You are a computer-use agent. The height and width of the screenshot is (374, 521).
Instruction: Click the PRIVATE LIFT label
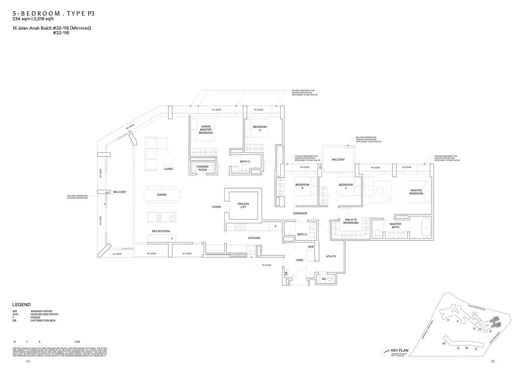click(243, 206)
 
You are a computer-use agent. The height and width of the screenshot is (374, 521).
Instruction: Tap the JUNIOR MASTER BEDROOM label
click(206, 130)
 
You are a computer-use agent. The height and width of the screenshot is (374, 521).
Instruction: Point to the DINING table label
click(162, 195)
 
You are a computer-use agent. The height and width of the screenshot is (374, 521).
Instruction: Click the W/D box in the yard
click(311, 247)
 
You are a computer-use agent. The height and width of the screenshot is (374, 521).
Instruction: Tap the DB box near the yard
click(286, 274)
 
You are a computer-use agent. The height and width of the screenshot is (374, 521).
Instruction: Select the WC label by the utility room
click(324, 279)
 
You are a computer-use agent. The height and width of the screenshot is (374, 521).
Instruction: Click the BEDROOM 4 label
click(260, 128)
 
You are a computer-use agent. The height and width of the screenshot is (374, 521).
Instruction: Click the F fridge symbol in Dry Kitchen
click(172, 239)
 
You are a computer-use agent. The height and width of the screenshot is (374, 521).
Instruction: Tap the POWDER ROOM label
click(203, 168)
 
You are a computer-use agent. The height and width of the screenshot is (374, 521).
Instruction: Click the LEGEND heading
click(21, 305)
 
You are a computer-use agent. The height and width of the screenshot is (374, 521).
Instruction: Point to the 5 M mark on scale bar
click(77, 342)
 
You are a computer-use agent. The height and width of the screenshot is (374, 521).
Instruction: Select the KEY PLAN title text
click(400, 351)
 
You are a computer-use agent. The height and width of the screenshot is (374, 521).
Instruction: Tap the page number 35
click(492, 361)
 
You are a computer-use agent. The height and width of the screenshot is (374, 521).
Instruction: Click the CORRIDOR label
click(300, 213)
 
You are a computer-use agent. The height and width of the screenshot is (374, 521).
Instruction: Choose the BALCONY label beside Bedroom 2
click(338, 160)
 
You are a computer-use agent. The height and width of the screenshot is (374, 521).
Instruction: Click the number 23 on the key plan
click(444, 343)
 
